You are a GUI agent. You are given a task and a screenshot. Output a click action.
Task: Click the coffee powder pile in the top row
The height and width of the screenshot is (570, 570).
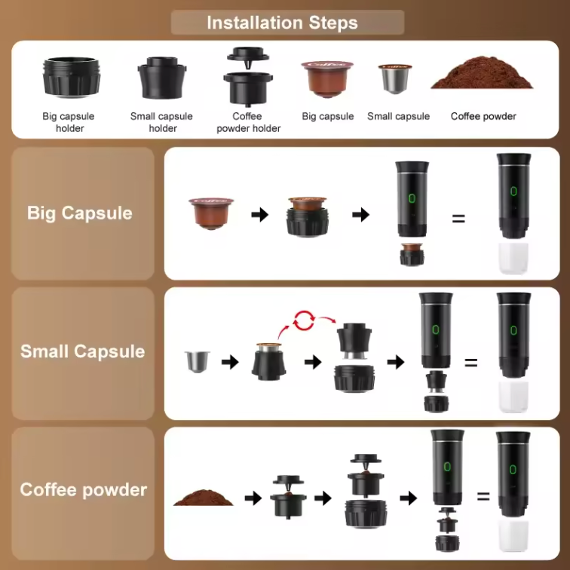point(483,74)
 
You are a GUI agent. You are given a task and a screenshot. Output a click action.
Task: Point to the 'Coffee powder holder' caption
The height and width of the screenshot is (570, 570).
point(248,122)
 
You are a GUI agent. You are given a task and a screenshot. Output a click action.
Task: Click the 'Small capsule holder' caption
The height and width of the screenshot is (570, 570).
point(161,122)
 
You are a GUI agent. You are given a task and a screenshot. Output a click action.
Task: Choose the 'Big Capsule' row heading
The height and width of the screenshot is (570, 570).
point(79,213)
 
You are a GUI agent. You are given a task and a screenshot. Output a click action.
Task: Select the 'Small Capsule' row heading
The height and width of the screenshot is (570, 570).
point(82,351)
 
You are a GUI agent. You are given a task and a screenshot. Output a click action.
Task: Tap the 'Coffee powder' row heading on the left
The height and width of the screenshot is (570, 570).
point(83,489)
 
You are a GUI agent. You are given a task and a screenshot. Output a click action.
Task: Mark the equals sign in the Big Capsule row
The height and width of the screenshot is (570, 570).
point(458,219)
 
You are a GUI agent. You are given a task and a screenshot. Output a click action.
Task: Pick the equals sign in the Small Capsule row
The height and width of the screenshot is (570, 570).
point(470,363)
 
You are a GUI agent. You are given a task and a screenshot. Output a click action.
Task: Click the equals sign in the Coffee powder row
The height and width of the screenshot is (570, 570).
point(483,497)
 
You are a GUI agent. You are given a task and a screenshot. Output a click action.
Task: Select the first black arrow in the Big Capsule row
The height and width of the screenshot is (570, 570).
point(260,215)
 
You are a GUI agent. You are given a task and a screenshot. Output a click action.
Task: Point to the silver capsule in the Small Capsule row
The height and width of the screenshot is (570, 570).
point(198,362)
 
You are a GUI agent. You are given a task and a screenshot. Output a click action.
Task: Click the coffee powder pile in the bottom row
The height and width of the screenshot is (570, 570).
point(203,498)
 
